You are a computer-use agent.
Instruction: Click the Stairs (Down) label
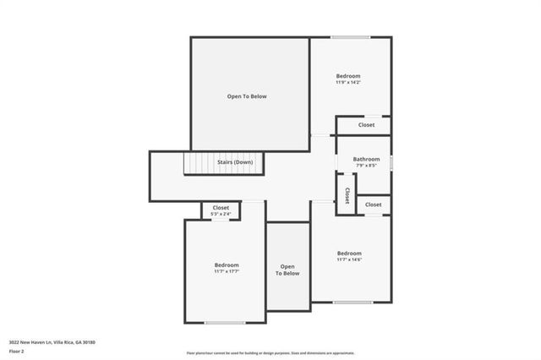[235, 162]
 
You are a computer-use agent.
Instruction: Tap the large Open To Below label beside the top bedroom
[247, 96]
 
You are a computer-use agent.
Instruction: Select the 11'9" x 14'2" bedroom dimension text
[348, 83]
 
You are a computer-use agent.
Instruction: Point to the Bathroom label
[366, 159]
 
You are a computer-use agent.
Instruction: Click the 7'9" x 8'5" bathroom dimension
[366, 166]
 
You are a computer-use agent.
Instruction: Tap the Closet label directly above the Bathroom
[366, 125]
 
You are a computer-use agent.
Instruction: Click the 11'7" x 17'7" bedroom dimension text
[227, 272]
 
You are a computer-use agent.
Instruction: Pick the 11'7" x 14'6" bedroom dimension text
[349, 260]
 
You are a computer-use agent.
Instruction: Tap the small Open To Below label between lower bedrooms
[289, 270]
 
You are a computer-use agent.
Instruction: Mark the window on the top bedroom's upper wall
[349, 37]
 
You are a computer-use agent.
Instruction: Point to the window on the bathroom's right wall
[392, 161]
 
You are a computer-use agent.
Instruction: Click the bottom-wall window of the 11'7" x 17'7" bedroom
[225, 323]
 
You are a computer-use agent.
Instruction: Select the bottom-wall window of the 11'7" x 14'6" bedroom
[352, 302]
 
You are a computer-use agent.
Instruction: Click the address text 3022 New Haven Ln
[52, 342]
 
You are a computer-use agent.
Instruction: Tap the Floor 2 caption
[15, 350]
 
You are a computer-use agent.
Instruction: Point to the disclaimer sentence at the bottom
[270, 353]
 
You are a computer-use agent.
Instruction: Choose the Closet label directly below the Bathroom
[373, 205]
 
